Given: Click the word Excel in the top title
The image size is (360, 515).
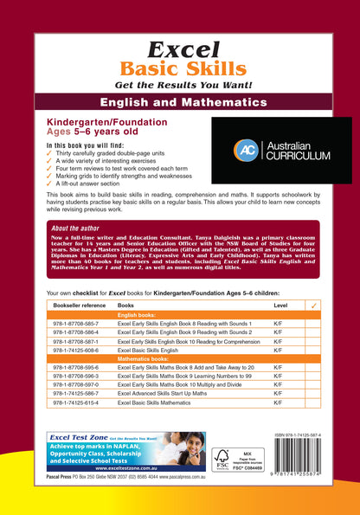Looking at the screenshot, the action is pyautogui.click(x=179, y=49).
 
